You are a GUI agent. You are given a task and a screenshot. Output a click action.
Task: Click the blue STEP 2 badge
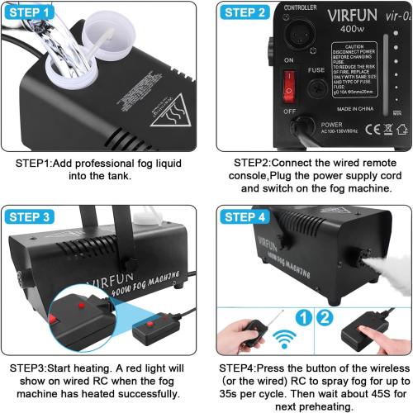click(245, 12)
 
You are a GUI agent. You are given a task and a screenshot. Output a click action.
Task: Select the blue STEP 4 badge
click(245, 217)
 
